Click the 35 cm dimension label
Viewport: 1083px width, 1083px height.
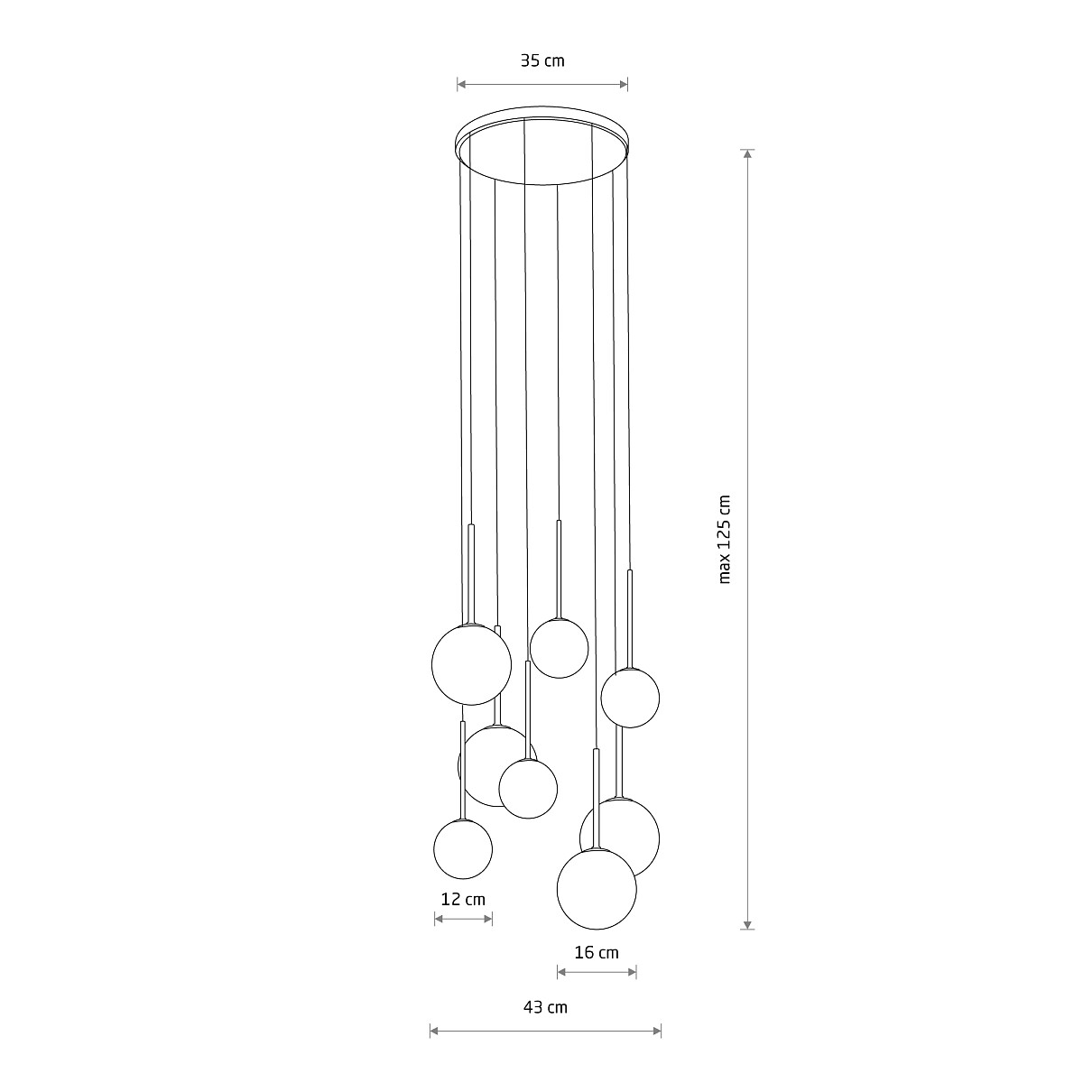(542, 61)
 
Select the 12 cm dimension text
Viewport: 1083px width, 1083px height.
(463, 899)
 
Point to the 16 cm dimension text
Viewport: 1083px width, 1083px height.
(597, 952)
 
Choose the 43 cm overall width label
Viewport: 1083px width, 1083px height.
(545, 1007)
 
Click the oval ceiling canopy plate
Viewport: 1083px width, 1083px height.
(542, 146)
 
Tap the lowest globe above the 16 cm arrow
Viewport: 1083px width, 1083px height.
(597, 889)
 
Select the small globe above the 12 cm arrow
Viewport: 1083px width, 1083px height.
(463, 848)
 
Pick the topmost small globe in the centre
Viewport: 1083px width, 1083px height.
(559, 648)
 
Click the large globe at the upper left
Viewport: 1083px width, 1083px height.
(471, 664)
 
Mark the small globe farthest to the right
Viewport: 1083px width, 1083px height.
(630, 698)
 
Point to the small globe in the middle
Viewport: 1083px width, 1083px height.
(528, 789)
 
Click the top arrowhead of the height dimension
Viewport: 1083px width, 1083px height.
(747, 153)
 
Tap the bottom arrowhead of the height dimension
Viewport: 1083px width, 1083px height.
(747, 924)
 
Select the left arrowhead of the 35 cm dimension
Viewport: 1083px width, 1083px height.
(461, 85)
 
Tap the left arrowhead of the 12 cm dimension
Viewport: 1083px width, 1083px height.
(439, 919)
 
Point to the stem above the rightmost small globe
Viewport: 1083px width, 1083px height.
(630, 618)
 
